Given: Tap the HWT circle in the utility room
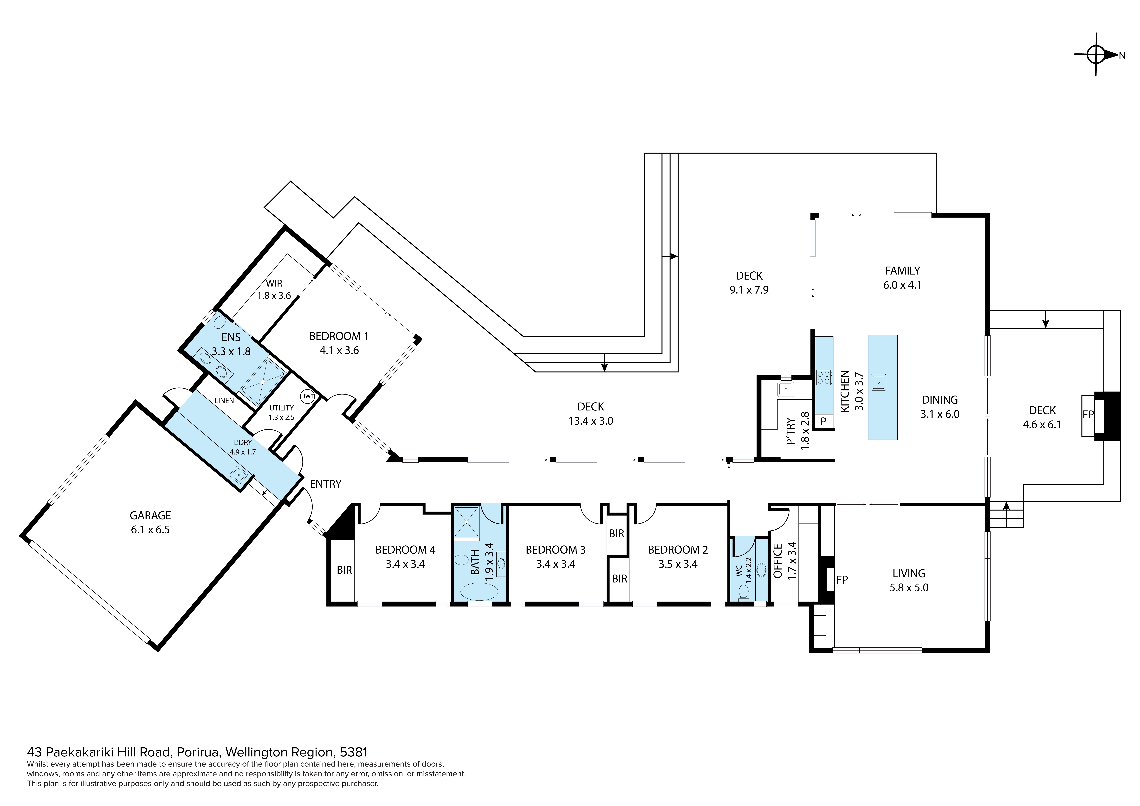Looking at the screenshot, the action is point(307,397).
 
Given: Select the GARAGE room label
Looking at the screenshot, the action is point(150,516).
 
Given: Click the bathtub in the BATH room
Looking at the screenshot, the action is point(479,592).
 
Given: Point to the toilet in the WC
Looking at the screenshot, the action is point(743,592).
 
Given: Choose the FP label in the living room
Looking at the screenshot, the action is point(842,579).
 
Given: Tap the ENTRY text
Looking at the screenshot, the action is point(326,484).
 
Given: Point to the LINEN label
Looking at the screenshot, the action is point(224,401).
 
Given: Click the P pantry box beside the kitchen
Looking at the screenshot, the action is point(823,421).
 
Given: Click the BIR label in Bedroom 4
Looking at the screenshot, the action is point(344,570).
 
